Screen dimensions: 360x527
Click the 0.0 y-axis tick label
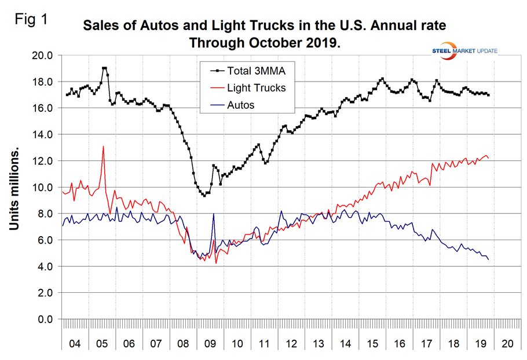click(45, 319)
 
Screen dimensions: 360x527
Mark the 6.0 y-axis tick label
click(45, 240)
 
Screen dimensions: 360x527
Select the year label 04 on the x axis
click(75, 344)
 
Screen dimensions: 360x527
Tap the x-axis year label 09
click(211, 344)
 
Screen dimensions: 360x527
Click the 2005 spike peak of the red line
click(103, 146)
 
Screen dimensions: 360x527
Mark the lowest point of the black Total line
click(204, 196)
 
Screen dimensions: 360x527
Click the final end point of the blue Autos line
click(488, 259)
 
